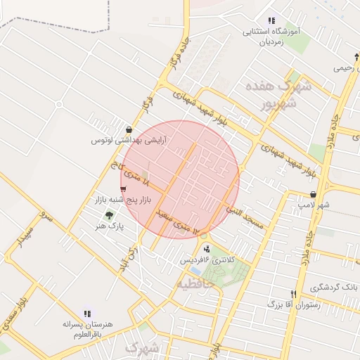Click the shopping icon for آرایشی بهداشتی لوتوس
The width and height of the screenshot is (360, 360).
pyautogui.click(x=129, y=129)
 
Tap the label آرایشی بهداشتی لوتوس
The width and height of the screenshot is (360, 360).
pyautogui.click(x=124, y=141)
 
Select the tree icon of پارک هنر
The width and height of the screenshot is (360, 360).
pyautogui.click(x=108, y=215)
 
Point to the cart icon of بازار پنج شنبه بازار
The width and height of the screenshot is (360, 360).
pyautogui.click(x=124, y=188)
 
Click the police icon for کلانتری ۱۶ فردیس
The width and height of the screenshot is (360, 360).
pyautogui.click(x=206, y=248)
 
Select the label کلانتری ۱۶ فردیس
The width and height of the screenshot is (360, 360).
pyautogui.click(x=206, y=260)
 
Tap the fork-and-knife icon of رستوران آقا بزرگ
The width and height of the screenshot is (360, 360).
pyautogui.click(x=294, y=293)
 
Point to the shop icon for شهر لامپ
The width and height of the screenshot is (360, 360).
pyautogui.click(x=313, y=194)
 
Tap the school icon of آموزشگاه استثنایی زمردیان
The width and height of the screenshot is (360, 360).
pyautogui.click(x=271, y=20)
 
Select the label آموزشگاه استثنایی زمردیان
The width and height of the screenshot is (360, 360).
pyautogui.click(x=271, y=37)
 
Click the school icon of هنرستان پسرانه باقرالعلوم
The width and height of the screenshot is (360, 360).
pyautogui.click(x=87, y=314)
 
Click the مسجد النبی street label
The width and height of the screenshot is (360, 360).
pyautogui.click(x=245, y=217)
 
